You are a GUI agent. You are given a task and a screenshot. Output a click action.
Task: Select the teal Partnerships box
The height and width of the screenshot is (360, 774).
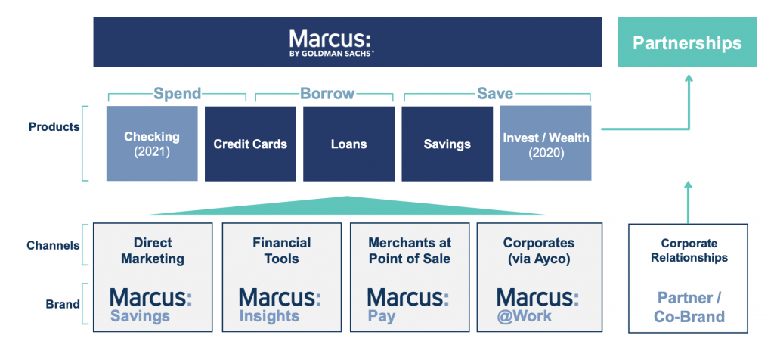(687, 42)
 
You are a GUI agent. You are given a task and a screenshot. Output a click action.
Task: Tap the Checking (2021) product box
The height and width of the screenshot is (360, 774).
(152, 143)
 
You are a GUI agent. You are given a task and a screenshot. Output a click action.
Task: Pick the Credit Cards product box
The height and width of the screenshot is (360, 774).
(250, 144)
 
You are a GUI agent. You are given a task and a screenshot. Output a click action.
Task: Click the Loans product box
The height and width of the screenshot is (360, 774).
(348, 144)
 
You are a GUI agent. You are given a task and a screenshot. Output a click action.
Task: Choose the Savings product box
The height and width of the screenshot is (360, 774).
(447, 144)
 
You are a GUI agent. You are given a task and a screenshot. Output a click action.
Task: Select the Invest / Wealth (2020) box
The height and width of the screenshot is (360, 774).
(546, 143)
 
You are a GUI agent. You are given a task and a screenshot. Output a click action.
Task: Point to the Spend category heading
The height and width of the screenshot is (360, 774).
(177, 93)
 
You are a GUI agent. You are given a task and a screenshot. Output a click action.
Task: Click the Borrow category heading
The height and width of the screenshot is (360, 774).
(328, 93)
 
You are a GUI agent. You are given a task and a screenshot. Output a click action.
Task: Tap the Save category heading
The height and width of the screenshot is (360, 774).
(495, 93)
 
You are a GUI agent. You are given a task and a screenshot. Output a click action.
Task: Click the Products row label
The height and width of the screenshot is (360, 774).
(54, 127)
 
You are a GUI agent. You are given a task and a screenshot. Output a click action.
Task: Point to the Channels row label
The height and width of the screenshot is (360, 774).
(54, 246)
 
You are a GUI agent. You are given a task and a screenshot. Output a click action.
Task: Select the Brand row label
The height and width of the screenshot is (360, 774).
(63, 304)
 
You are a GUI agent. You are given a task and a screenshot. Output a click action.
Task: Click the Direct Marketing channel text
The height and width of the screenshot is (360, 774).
(153, 251)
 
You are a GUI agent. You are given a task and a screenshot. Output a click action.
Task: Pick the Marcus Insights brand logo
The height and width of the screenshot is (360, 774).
(280, 306)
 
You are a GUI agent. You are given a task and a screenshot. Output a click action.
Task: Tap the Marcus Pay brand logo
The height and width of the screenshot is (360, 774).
(408, 306)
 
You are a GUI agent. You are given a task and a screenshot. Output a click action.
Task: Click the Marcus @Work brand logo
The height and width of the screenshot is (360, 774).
(537, 306)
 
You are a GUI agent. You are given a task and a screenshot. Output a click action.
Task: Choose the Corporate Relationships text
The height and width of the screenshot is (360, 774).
(689, 251)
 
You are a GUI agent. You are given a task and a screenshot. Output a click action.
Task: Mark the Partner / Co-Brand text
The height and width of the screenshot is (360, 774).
(689, 307)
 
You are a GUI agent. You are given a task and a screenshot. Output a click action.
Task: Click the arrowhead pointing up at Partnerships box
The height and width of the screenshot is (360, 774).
(689, 78)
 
